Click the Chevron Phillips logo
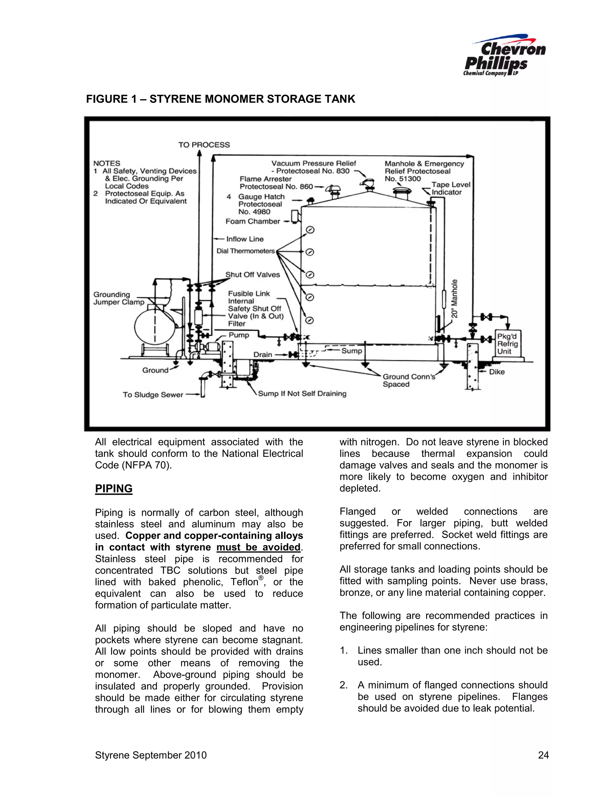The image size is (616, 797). pos(504,56)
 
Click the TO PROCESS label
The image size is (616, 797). pos(204,145)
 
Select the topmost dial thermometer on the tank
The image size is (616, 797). pos(310,230)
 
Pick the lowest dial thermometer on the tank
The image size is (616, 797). pos(310,320)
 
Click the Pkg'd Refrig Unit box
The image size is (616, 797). pos(508,344)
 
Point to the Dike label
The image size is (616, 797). pos(497,372)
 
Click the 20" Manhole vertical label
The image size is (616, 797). pos(454,299)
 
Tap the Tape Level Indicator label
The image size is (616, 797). pos(450,189)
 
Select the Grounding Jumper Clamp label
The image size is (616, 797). pos(119,298)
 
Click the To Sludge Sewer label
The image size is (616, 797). pos(152,395)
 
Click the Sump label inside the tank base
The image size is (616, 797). pos(351,351)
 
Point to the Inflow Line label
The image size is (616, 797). pos(245,239)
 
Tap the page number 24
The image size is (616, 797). pos(543,755)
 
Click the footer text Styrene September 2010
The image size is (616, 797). pos(151,755)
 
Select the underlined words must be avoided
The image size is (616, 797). pos(258,547)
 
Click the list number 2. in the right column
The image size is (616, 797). pos(343,685)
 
